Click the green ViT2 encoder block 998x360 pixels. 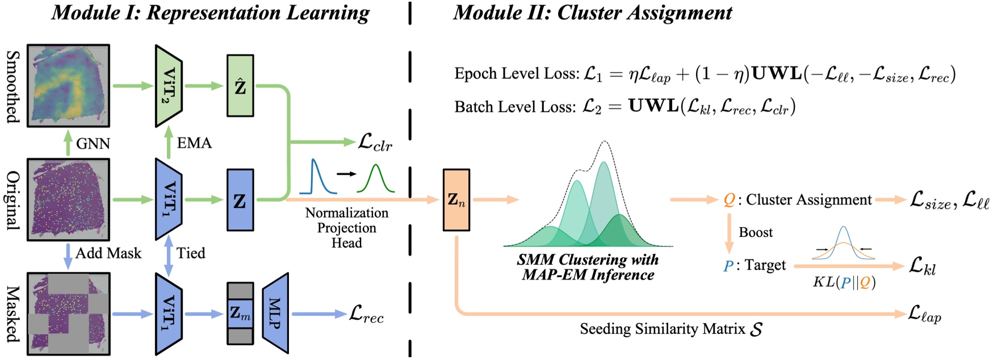tap(169, 86)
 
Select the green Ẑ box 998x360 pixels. tap(240, 86)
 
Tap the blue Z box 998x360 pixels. tap(240, 200)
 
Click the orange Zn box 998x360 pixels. tap(456, 200)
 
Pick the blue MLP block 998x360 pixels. tap(275, 313)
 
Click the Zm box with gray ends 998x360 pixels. tap(240, 313)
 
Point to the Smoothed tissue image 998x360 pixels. tap(68, 86)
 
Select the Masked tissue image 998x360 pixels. tap(68, 313)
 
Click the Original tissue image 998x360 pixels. tap(68, 200)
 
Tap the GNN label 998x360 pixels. tap(93, 144)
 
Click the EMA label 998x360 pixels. tap(194, 143)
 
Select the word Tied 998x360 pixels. tap(190, 253)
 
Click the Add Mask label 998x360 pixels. tap(108, 253)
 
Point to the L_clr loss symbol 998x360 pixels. tap(375, 143)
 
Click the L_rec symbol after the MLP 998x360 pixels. tap(366, 314)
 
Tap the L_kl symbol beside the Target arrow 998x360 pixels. tap(922, 266)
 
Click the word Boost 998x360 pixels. tap(755, 232)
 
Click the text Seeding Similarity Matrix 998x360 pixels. tap(662, 329)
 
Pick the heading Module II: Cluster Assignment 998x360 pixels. tap(592, 12)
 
